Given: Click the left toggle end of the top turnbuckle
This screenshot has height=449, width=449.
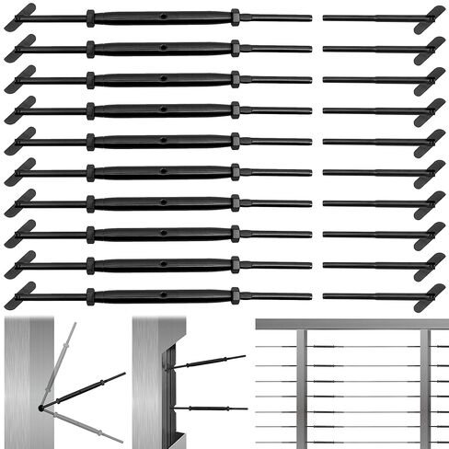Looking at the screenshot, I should tap(20, 17).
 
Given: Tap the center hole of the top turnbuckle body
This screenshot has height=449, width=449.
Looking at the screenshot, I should tap(163, 17).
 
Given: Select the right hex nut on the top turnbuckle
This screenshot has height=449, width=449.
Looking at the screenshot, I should tap(236, 17).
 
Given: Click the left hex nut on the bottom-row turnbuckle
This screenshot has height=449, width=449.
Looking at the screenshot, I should tap(90, 296).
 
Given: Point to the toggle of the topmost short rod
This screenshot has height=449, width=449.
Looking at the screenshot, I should tap(429, 17).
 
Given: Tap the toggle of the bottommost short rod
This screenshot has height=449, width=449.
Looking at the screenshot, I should tap(429, 297).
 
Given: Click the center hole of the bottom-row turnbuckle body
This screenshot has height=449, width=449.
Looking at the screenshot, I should tap(163, 296).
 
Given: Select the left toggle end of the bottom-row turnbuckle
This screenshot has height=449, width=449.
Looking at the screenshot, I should tap(20, 296).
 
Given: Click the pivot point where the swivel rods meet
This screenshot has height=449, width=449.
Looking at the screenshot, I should tap(42, 406).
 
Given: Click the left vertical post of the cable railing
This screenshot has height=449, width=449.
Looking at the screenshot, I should tap(301, 386).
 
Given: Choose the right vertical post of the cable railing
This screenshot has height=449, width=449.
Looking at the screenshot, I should tap(424, 386).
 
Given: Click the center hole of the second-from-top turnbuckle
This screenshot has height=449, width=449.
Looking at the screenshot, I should tap(163, 48).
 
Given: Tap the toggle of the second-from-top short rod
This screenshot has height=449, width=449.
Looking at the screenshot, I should tap(429, 49).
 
